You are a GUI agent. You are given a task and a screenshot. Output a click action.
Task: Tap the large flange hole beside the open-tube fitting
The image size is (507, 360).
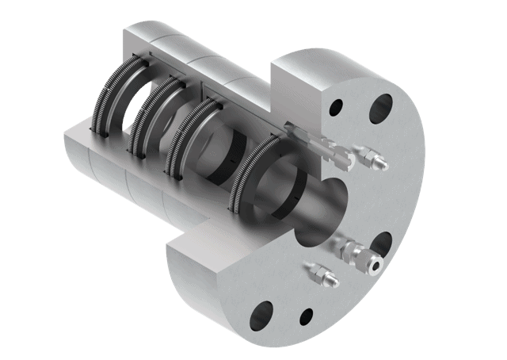[383, 245]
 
